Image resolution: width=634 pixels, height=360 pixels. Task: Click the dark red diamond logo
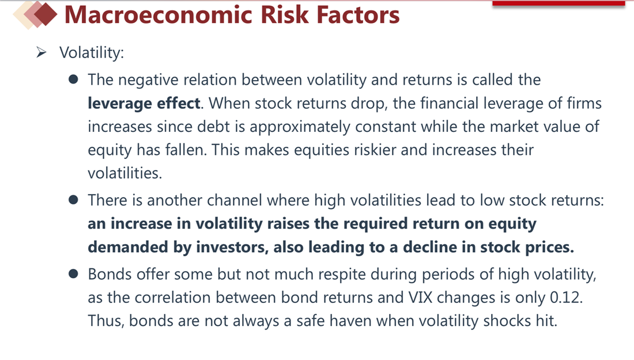pos(46,14)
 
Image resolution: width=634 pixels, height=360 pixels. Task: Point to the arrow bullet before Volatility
pos(41,52)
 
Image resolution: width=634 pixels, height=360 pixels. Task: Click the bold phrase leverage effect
pos(144,104)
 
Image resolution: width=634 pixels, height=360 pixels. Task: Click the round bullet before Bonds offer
pos(73,274)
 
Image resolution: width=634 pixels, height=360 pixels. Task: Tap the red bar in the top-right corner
pos(559,3)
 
